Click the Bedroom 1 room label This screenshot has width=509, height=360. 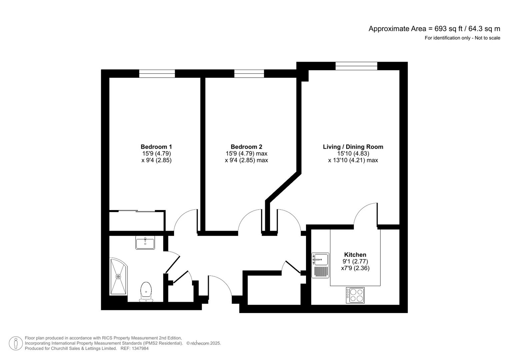click(156, 147)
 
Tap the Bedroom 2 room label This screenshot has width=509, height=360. click(246, 147)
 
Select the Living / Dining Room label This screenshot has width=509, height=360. click(353, 147)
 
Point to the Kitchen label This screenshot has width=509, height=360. click(355, 255)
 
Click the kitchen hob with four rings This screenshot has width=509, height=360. click(355, 295)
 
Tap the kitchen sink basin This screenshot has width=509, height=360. click(320, 260)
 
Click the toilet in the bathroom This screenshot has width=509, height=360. click(146, 292)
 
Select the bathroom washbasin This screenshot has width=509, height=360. click(145, 243)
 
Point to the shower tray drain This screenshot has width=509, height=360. click(118, 277)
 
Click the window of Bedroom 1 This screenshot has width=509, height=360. click(157, 74)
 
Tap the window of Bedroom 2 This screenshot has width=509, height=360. click(249, 74)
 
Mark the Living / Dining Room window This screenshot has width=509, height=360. click(356, 66)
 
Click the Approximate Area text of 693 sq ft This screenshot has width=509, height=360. click(434, 29)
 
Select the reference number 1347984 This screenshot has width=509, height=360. click(140, 348)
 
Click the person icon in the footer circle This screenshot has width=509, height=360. click(16, 343)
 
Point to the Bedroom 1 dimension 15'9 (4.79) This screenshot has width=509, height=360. click(156, 153)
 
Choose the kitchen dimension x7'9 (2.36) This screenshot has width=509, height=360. click(355, 268)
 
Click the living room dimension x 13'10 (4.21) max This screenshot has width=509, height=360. click(353, 160)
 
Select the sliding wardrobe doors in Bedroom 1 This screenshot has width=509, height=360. click(137, 211)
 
